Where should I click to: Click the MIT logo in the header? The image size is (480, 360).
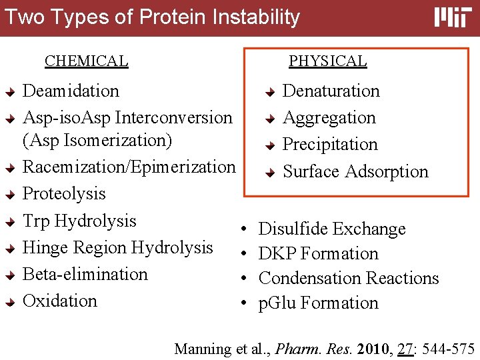[453, 17]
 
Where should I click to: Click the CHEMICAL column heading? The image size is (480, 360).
[86, 61]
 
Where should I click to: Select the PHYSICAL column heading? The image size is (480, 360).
[327, 61]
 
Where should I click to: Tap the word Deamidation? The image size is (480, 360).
[71, 91]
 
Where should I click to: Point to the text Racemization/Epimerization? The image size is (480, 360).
[129, 167]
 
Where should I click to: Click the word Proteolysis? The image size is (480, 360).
[64, 193]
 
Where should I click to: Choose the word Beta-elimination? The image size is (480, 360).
[85, 274]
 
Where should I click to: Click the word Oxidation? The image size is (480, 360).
[60, 301]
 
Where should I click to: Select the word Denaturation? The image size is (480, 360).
[331, 91]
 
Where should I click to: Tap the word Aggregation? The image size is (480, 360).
[329, 118]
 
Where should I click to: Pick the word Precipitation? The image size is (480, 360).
[330, 145]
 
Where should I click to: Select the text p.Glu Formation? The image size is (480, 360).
[318, 303]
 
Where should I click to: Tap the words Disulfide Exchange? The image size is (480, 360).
[332, 229]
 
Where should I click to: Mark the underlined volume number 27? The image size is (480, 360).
[405, 349]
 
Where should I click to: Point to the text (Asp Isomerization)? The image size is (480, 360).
[97, 141]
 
